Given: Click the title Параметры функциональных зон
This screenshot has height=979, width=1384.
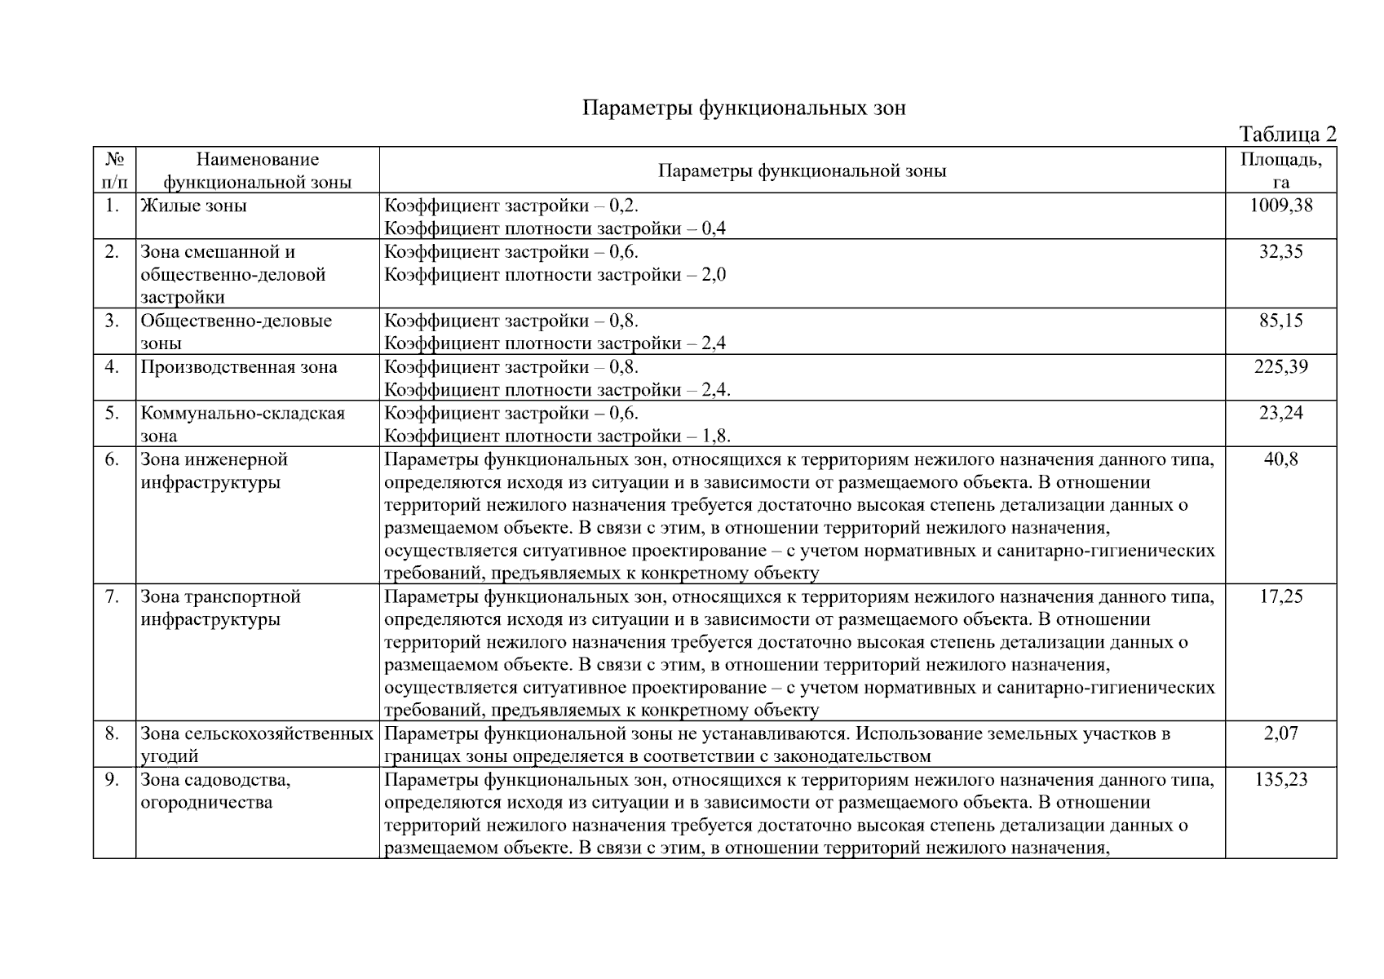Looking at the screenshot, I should tap(743, 109).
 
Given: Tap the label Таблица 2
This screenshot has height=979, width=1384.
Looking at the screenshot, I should tap(1286, 134).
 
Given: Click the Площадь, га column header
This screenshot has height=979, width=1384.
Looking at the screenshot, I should tap(1280, 171).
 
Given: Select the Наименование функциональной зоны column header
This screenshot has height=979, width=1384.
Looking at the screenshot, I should tap(257, 171).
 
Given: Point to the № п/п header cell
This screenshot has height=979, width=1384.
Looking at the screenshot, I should tap(114, 171).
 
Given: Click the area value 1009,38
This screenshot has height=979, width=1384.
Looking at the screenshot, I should tap(1280, 206).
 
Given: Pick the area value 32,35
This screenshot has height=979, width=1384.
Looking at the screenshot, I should tap(1280, 251).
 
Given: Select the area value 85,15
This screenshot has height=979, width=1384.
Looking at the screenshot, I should tap(1280, 321).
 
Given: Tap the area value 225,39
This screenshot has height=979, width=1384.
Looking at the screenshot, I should tap(1280, 366).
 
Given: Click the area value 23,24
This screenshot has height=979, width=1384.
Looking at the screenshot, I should tap(1280, 413).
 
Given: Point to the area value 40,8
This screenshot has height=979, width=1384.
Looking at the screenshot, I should tap(1280, 459).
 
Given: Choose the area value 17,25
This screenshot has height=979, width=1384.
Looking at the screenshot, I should tap(1280, 596).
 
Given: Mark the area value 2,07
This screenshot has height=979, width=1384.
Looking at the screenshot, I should tap(1280, 733).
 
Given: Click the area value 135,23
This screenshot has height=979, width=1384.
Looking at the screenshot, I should tap(1280, 780).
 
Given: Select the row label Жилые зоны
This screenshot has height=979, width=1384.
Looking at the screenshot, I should tap(193, 206).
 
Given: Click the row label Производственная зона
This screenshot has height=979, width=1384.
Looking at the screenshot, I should tap(238, 367).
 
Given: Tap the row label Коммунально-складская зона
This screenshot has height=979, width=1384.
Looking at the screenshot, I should tap(242, 423).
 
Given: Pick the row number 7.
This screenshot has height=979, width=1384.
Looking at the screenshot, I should tap(113, 596).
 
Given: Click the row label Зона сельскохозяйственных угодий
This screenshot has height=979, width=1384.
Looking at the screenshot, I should tap(256, 744).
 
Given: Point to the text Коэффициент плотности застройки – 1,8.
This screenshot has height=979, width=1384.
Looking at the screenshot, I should tap(557, 436).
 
